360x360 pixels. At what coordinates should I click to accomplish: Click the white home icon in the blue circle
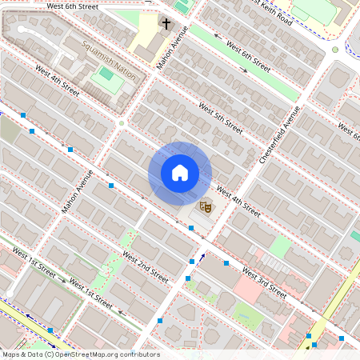click(180, 172)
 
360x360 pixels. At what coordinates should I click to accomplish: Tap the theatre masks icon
click(205, 206)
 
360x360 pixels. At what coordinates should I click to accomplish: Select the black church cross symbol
click(166, 24)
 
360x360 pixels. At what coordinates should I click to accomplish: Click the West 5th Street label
click(220, 118)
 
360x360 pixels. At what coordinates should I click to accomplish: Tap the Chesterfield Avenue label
click(279, 135)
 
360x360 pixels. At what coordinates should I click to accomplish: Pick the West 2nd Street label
click(146, 267)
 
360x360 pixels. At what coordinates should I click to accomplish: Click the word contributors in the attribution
click(138, 354)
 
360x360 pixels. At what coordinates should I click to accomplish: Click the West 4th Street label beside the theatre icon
click(238, 203)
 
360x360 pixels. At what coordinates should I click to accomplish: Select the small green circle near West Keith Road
click(335, 50)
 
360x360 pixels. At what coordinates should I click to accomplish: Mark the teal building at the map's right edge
click(355, 236)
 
